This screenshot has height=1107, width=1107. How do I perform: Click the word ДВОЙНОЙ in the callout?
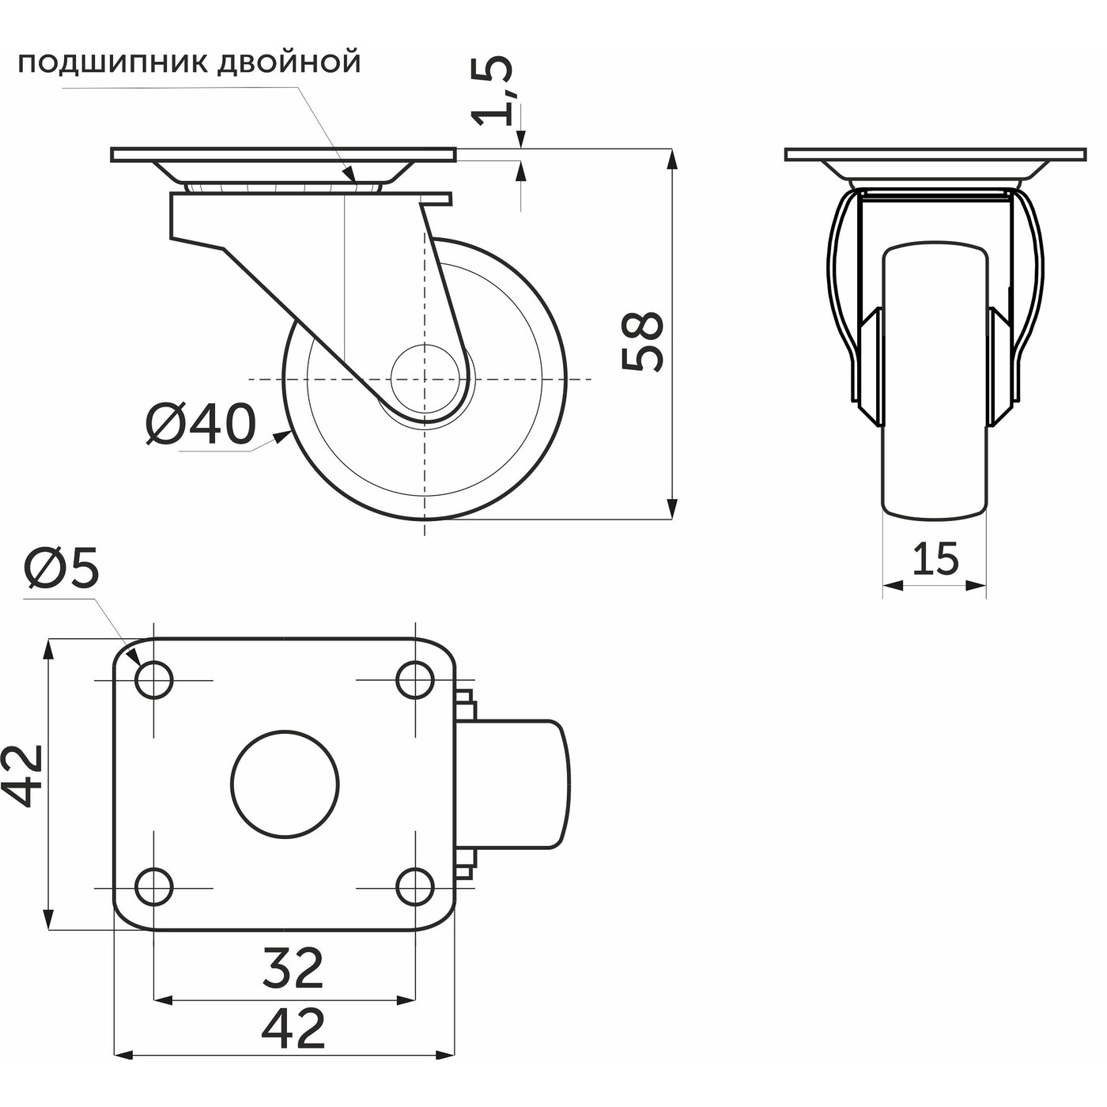(x=289, y=62)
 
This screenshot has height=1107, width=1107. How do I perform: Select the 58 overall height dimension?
(x=642, y=341)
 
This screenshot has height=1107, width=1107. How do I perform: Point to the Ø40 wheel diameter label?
(x=201, y=425)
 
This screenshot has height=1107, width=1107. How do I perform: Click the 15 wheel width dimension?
(x=935, y=559)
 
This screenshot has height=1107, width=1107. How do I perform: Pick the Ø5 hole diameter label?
(x=62, y=569)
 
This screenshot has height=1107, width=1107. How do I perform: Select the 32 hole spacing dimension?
(x=293, y=969)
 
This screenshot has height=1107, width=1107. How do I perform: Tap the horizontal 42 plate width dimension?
(x=293, y=1028)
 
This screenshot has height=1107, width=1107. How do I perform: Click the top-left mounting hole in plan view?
(x=154, y=679)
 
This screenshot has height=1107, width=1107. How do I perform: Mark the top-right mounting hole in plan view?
(x=414, y=679)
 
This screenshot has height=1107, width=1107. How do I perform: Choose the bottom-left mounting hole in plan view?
(x=154, y=887)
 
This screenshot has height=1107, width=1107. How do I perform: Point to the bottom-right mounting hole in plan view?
(x=414, y=887)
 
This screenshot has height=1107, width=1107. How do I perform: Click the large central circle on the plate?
(x=285, y=783)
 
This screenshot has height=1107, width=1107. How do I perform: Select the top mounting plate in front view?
(x=935, y=154)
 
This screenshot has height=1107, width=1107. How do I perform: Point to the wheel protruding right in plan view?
(x=522, y=783)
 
